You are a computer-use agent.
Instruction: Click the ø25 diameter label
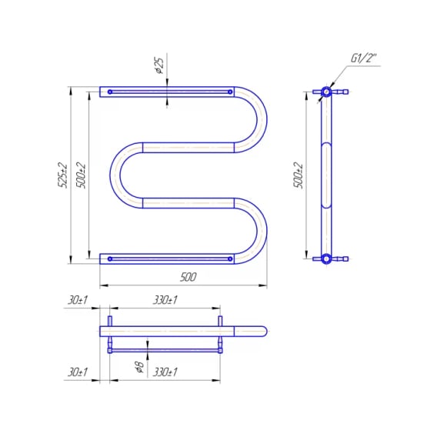(160, 65)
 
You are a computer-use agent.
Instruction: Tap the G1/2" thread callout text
(363, 58)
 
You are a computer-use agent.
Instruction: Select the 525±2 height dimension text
(62, 175)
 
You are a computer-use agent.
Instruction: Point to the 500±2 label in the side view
(299, 175)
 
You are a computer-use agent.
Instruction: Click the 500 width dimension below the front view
(188, 277)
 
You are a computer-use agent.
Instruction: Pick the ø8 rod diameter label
(138, 367)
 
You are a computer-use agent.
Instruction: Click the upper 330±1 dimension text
(165, 300)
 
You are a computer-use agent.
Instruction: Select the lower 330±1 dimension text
(165, 372)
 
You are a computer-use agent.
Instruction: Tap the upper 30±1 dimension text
(78, 300)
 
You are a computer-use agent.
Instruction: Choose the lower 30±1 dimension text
(78, 372)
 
